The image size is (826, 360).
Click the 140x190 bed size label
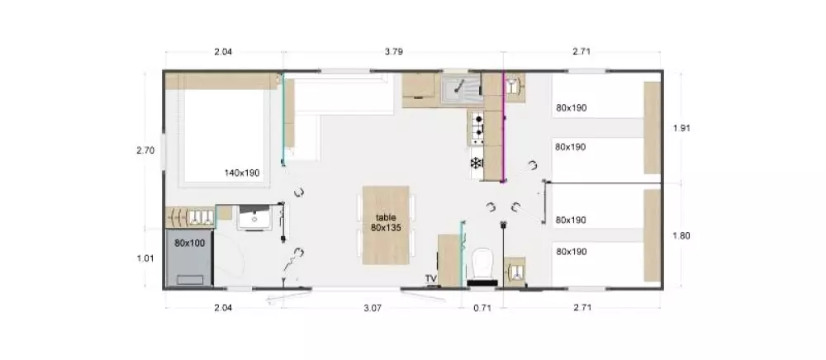point(242,173)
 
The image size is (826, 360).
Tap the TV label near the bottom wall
point(431,278)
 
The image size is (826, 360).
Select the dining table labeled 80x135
point(386,225)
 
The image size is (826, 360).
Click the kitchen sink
point(462,88)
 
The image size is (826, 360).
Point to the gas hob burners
point(477,127)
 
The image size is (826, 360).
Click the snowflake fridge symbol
point(477,163)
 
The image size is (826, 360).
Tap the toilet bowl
point(482,262)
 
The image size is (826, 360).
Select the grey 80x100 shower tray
point(190,258)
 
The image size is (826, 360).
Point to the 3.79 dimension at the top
point(394,51)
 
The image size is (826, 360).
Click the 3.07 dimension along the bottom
point(373,308)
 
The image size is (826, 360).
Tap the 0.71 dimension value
point(482,308)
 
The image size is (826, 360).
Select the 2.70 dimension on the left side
point(145,150)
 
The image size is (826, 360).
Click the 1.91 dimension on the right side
point(681,128)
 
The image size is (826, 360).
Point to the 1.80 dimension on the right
point(681,236)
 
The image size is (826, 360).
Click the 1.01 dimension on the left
point(145,258)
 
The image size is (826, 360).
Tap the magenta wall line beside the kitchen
point(504,126)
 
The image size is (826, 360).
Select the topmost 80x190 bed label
point(571,108)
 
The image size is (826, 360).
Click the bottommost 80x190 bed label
point(571,252)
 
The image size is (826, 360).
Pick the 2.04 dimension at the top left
point(223,51)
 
